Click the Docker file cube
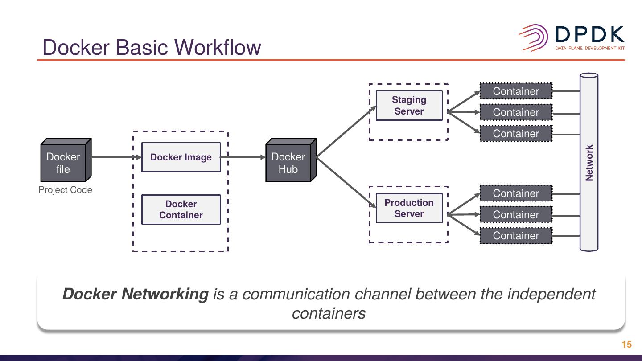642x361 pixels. [64, 163]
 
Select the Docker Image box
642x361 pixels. [181, 157]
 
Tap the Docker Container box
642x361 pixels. [181, 209]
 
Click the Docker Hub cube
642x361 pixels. [289, 163]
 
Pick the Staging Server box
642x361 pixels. [409, 106]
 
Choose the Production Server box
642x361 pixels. [409, 208]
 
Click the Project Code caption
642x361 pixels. [65, 190]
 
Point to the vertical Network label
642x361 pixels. [589, 163]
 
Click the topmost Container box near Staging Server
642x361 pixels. [516, 91]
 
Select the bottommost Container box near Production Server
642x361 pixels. [516, 236]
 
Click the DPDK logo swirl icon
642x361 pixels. [533, 37]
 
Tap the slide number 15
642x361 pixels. [626, 345]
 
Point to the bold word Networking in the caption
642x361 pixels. [165, 294]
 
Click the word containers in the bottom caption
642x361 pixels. [329, 313]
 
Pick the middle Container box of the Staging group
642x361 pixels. [516, 112]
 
